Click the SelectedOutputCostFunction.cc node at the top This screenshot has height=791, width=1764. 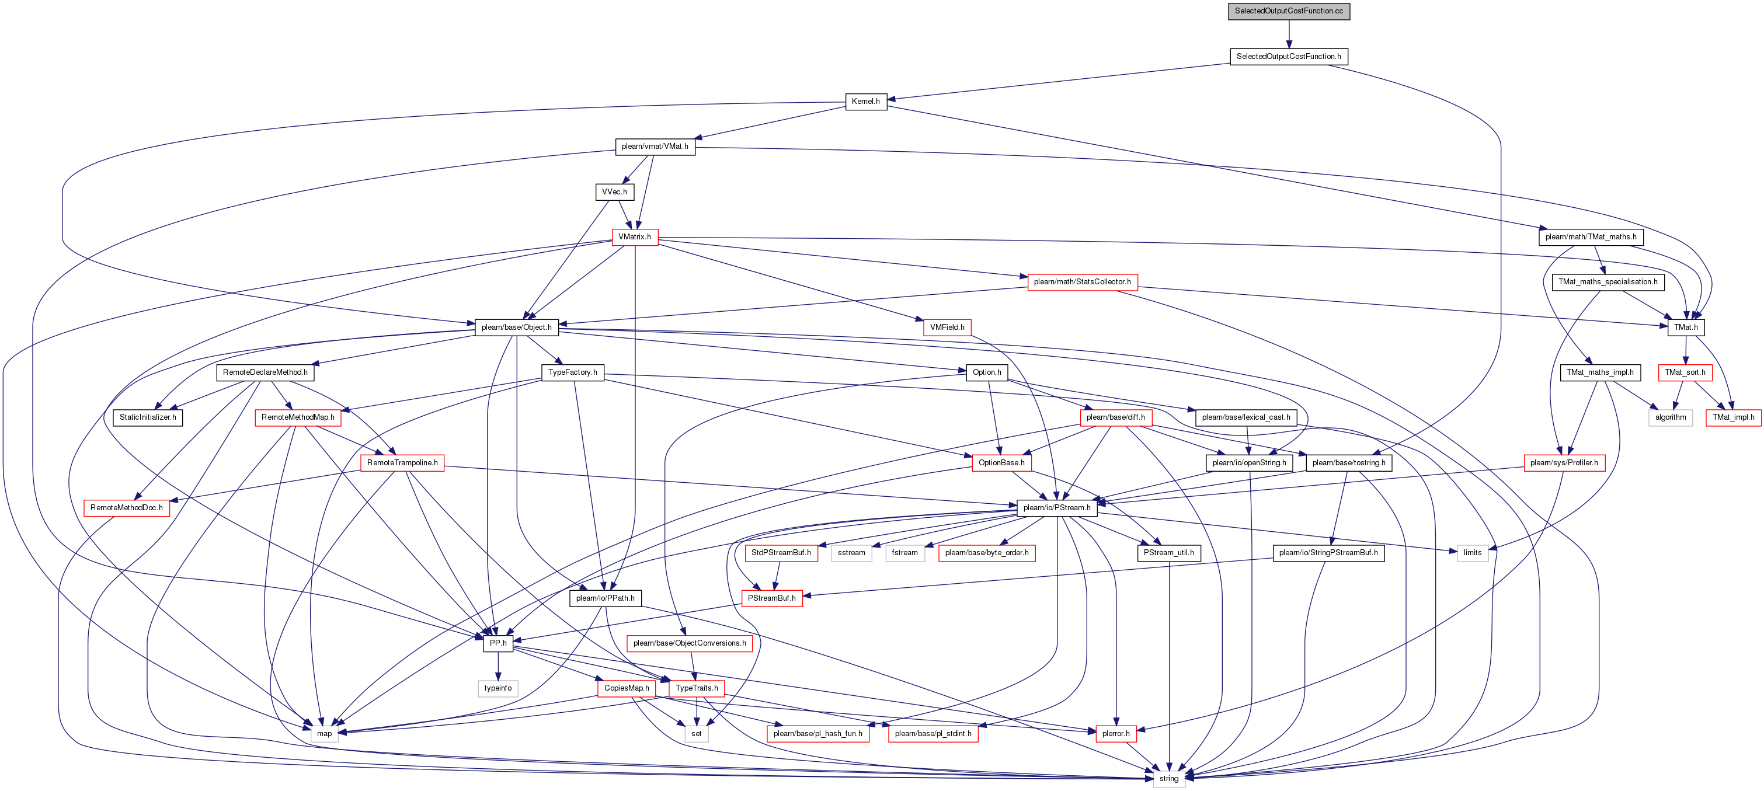(1289, 11)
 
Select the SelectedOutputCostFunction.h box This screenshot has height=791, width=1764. (1289, 56)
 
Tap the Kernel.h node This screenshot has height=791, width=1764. (865, 102)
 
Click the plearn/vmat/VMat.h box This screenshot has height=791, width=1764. (655, 147)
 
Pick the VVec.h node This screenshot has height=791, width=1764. (614, 191)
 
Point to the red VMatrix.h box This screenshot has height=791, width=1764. (635, 237)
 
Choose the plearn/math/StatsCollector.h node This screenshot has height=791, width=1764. (1082, 281)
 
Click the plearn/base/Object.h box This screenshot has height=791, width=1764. (516, 327)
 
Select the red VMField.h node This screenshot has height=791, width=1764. (947, 327)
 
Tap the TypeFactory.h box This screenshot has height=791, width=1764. (572, 372)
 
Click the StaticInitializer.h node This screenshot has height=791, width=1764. (148, 417)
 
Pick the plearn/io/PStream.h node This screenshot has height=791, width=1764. (1057, 507)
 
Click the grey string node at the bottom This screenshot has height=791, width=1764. (1169, 779)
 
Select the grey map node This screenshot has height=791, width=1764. (324, 733)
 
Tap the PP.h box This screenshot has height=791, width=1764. (498, 643)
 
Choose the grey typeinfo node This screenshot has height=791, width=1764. (498, 688)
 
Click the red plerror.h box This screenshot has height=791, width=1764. (1115, 733)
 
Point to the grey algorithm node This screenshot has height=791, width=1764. (1670, 417)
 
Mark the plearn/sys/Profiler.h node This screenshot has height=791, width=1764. (1564, 463)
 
